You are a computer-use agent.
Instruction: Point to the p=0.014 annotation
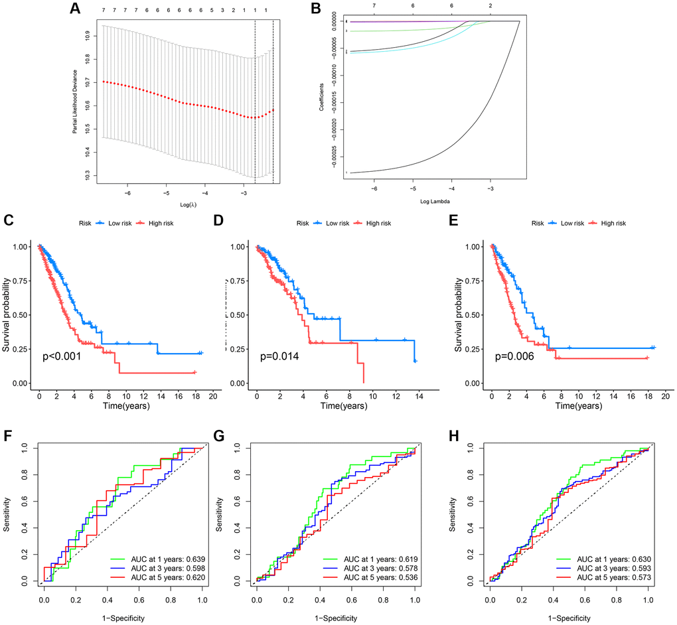coord(279,356)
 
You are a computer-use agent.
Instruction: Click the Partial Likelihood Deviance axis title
coord(76,100)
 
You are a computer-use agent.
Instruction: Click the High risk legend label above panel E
coord(611,224)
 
